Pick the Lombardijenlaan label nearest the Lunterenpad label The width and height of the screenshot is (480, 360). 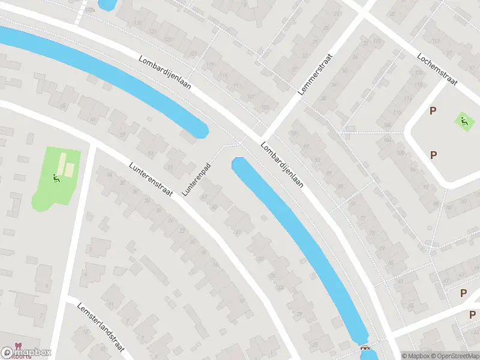[x=281, y=165]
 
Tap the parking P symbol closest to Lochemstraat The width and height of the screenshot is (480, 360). [x=433, y=111]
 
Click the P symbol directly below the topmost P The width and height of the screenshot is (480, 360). [x=433, y=155]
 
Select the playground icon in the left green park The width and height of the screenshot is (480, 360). [x=56, y=178]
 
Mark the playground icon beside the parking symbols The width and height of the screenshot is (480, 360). [x=463, y=121]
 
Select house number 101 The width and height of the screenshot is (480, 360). [x=294, y=133]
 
